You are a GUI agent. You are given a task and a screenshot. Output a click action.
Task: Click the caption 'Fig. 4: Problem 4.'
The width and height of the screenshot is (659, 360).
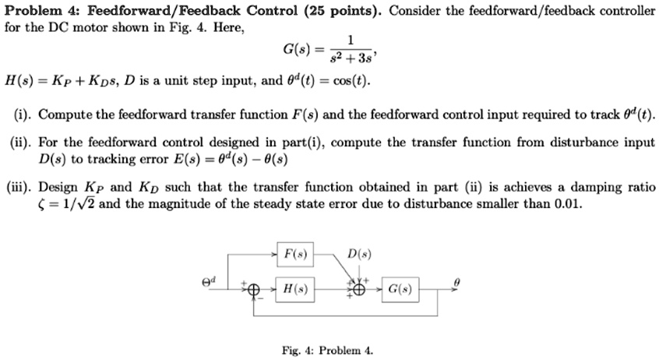pyautogui.click(x=328, y=351)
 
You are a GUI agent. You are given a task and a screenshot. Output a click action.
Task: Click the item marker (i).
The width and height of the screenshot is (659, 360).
pyautogui.click(x=22, y=115)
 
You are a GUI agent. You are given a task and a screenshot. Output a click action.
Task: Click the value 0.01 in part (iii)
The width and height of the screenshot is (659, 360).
pyautogui.click(x=567, y=204)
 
